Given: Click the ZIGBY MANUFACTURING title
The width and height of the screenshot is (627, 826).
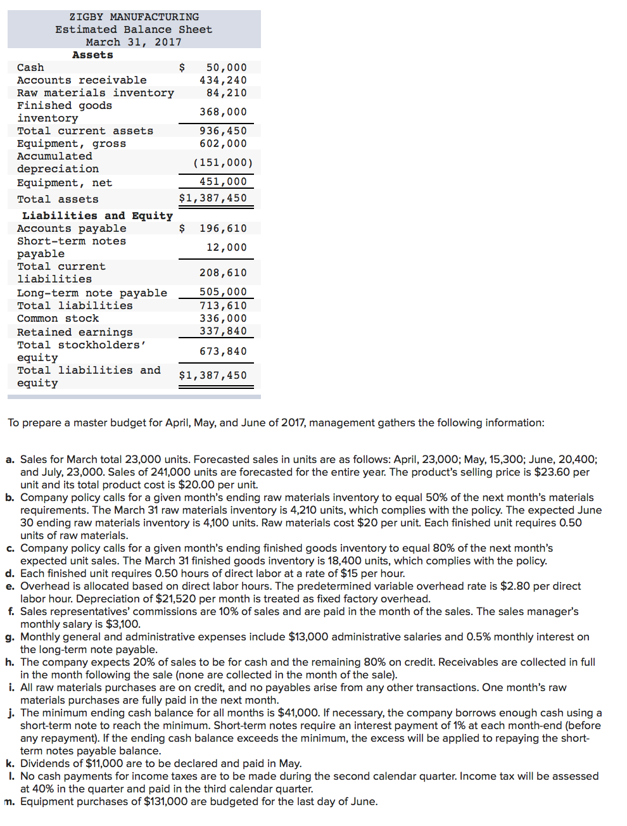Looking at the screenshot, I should (x=134, y=17).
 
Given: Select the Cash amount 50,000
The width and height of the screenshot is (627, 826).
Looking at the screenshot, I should (x=226, y=68).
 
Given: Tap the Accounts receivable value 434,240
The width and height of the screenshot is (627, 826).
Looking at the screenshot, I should (x=223, y=80).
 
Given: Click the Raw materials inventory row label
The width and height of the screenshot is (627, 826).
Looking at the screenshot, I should (x=95, y=93).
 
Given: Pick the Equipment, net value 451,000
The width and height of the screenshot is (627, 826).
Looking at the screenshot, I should (x=223, y=182).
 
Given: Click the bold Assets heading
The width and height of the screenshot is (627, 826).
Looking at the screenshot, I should (x=92, y=55).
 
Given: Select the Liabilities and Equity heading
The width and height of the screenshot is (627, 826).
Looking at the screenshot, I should (x=97, y=216).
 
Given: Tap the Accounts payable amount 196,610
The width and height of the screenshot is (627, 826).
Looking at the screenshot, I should (x=223, y=229).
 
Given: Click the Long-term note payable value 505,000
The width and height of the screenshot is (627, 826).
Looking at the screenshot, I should (x=223, y=292).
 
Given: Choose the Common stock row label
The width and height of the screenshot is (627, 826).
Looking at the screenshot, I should (x=58, y=319).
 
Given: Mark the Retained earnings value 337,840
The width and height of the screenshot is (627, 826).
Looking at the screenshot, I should (x=223, y=331).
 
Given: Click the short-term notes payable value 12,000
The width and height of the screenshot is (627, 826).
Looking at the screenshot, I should (x=226, y=248).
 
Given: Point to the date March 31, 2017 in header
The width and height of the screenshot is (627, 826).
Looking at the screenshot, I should (x=134, y=42).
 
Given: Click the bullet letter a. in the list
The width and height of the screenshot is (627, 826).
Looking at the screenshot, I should (x=9, y=460).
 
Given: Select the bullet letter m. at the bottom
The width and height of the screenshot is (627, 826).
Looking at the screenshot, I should (x=9, y=802).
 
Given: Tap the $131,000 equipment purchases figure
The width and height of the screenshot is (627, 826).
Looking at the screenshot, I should (x=165, y=802).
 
